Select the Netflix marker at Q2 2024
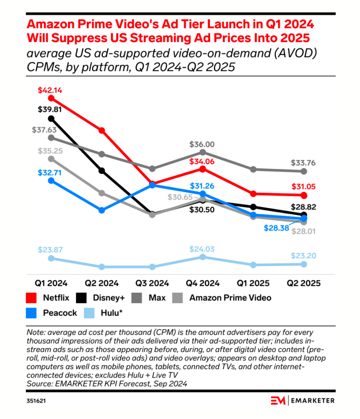[x=102, y=130]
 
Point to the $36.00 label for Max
[x=202, y=145]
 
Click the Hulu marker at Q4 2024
[x=202, y=257]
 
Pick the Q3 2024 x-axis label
[x=152, y=283]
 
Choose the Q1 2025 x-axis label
[x=254, y=283]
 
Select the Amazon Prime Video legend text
[x=230, y=298]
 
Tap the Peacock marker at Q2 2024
[x=102, y=210]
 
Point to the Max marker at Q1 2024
[x=51, y=138]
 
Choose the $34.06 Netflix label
[x=202, y=161]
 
